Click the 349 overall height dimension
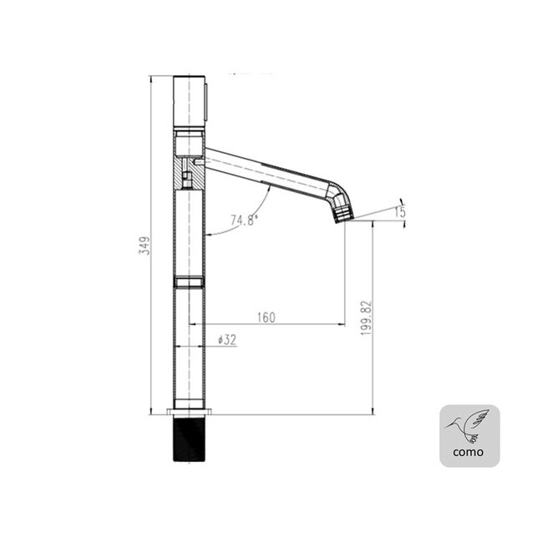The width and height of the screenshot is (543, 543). coord(144,246)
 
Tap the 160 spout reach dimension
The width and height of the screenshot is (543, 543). coord(266,317)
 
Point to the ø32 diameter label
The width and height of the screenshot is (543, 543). coord(227,340)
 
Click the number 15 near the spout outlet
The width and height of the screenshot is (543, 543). coord(401,212)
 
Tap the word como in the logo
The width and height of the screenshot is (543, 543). coord(469,452)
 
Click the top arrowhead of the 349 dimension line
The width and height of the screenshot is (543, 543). coord(151,80)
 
